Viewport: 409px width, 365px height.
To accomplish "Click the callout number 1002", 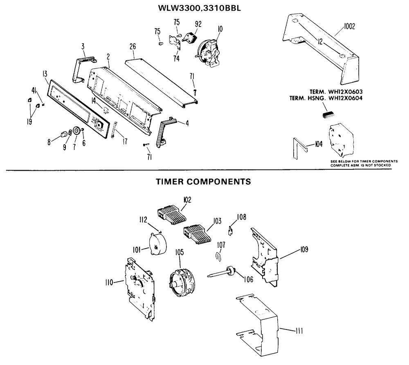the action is pyautogui.click(x=350, y=26).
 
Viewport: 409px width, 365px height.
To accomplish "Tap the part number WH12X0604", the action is pyautogui.click(x=345, y=98).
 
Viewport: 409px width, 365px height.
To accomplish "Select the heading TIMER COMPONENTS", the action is pyautogui.click(x=203, y=181).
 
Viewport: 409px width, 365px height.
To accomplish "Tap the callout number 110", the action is pyautogui.click(x=109, y=282).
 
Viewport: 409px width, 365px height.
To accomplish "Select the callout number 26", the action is pyautogui.click(x=133, y=47).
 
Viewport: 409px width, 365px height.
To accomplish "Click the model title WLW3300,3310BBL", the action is pyautogui.click(x=200, y=8).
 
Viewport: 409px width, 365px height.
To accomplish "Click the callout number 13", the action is pyautogui.click(x=45, y=74).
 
